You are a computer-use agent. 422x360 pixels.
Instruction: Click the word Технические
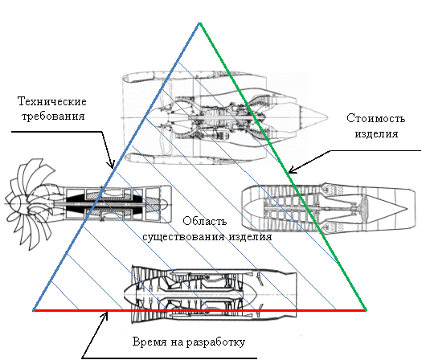point(52,102)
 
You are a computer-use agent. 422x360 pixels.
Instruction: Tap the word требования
point(53,117)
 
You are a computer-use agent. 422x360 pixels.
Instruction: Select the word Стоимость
point(375,118)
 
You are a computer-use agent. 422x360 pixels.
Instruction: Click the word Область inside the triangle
point(205,221)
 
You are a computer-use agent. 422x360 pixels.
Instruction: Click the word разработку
point(215,342)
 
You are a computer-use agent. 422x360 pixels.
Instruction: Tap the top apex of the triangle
point(199,23)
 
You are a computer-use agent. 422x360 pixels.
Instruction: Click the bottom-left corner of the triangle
point(34,310)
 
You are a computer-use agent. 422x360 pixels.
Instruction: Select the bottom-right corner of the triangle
point(366,310)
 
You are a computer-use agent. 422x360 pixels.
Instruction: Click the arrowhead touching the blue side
point(112,164)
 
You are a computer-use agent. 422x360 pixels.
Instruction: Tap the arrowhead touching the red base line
point(105,315)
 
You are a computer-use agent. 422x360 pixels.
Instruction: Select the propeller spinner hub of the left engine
point(18,203)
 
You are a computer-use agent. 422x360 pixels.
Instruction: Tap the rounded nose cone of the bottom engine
point(130,294)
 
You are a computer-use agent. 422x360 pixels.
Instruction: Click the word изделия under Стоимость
point(376,133)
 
